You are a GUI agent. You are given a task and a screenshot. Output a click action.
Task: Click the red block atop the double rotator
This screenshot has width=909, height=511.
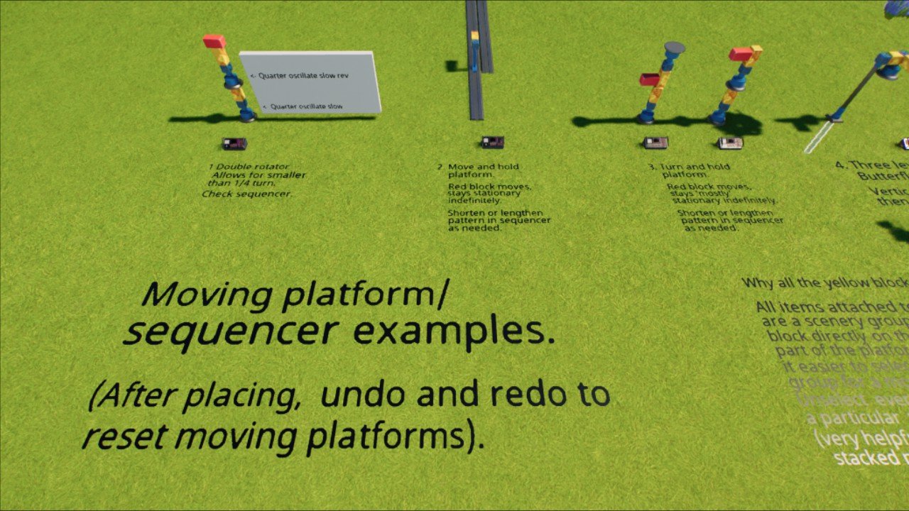pos(214,42)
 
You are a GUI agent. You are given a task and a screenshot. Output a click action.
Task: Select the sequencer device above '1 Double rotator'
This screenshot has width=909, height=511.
pos(234,144)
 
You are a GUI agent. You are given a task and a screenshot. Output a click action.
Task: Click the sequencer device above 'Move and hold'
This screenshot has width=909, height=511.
pos(492,142)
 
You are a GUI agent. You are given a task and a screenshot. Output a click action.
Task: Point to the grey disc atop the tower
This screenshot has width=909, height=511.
pos(674,48)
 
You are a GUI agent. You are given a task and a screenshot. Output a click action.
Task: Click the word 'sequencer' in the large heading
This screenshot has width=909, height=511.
pos(231,331)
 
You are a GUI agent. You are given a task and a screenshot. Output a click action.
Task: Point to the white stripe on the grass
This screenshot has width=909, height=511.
pos(819,138)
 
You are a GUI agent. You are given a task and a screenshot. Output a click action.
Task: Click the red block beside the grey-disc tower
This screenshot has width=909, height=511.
pos(649,79)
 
